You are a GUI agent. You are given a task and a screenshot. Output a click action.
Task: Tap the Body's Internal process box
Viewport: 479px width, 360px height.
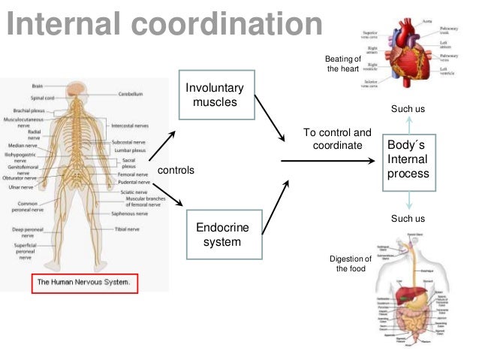coord(408,159)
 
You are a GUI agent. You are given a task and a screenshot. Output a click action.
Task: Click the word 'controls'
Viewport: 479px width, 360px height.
coord(176,171)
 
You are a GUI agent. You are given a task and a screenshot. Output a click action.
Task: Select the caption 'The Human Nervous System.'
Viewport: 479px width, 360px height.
coord(85,283)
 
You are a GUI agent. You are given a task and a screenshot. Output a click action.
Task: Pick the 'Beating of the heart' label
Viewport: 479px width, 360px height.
coord(343,64)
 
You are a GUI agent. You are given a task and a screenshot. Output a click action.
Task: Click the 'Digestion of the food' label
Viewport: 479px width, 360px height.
coord(351,264)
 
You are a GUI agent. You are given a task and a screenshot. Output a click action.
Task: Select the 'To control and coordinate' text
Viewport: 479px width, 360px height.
coord(337,138)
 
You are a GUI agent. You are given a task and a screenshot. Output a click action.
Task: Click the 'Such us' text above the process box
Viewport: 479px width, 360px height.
coord(408,110)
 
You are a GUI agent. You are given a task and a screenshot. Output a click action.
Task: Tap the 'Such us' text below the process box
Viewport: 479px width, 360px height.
coord(408,219)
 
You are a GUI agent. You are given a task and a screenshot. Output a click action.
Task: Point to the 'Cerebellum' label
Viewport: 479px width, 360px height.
coord(131,94)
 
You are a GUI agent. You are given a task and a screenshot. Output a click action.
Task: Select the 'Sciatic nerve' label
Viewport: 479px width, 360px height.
coord(134,192)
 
